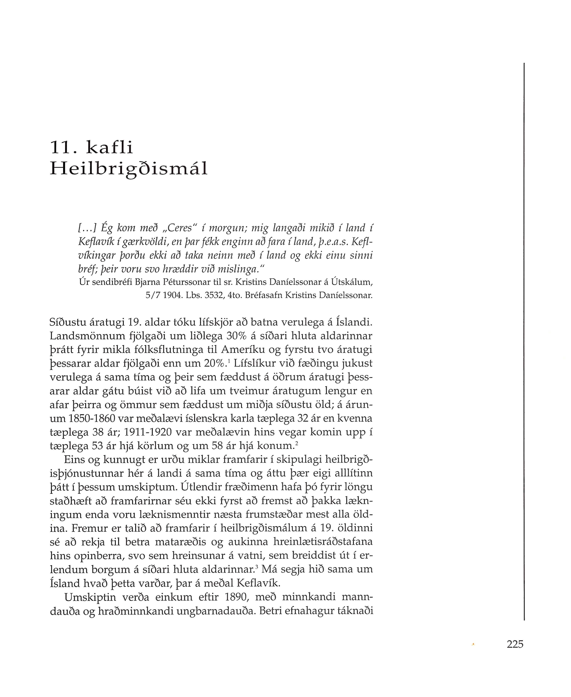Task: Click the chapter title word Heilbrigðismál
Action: pos(129,169)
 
